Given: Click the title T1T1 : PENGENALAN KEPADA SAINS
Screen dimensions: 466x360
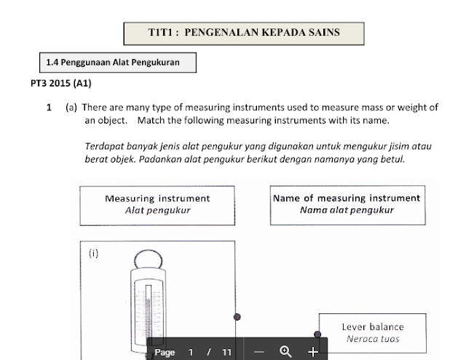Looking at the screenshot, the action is [244, 32].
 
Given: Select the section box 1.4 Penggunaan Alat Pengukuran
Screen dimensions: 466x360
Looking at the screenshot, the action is [117, 63].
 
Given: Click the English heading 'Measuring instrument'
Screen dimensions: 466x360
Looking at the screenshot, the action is [157, 198].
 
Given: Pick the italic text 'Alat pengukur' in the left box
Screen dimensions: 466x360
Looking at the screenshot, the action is [157, 210].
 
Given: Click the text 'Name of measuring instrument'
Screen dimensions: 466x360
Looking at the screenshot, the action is [347, 198].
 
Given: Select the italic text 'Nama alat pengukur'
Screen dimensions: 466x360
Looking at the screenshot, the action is [347, 210].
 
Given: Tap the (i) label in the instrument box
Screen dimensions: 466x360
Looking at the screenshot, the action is [93, 254].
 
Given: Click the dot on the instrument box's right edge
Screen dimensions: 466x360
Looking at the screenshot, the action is [236, 318].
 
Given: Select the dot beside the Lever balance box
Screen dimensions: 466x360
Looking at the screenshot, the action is [317, 334].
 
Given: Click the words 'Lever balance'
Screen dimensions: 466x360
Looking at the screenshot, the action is [372, 327].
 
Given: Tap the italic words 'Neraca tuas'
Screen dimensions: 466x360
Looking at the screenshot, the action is [373, 339].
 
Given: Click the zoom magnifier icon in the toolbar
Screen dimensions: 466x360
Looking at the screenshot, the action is [286, 351].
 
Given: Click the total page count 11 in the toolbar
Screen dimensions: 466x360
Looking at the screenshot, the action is [226, 352].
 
